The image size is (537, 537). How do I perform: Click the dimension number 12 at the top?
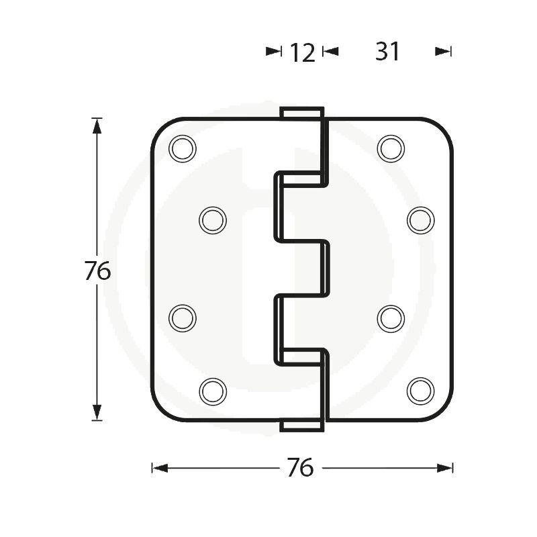(302, 52)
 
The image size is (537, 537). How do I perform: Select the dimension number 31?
(387, 52)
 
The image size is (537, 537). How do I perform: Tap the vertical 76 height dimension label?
(97, 271)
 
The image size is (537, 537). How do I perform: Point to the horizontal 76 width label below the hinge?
(300, 468)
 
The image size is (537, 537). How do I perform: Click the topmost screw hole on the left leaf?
(183, 148)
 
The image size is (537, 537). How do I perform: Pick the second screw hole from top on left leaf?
(213, 219)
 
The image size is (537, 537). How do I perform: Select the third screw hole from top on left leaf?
(183, 318)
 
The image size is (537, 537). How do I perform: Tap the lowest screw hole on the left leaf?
(213, 391)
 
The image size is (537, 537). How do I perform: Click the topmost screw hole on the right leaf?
(391, 148)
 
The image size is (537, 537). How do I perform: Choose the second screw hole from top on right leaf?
(421, 219)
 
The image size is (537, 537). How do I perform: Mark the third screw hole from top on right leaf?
(391, 318)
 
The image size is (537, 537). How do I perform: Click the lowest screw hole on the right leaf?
(421, 391)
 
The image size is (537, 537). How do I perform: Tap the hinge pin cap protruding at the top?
(301, 113)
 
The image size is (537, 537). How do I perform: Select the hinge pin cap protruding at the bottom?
(301, 425)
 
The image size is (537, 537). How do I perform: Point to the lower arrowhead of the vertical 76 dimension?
(97, 412)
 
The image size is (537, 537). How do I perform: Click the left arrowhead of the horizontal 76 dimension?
(160, 468)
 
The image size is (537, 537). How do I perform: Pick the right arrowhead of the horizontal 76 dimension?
(445, 468)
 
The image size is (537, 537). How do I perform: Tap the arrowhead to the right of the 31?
(444, 51)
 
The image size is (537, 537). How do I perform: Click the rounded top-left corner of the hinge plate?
(161, 128)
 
